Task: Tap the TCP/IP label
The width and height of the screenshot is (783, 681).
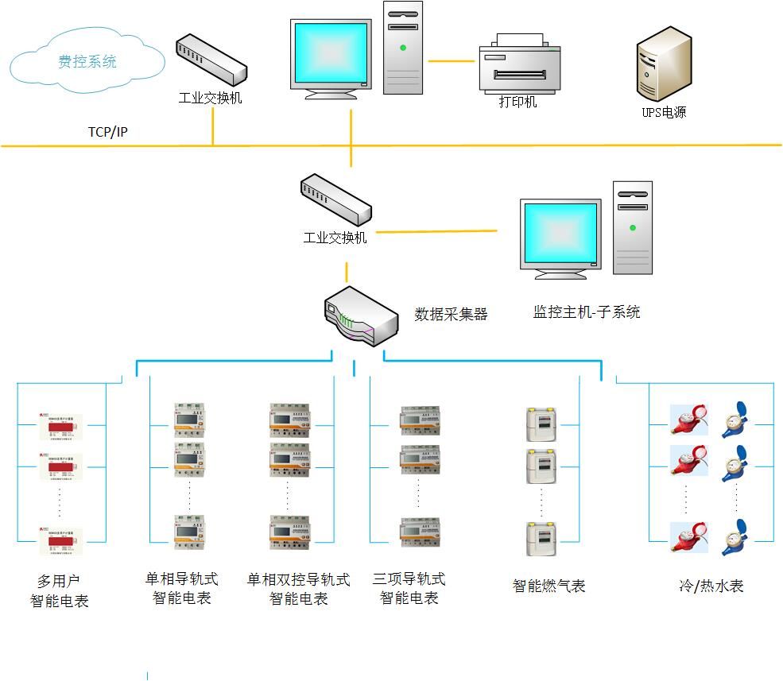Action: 107,132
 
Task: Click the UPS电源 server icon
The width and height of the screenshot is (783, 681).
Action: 664,63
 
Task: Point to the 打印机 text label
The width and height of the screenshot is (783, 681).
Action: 517,103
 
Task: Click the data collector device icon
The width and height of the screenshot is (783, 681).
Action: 361,315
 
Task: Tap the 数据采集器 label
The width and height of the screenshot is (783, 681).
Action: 451,314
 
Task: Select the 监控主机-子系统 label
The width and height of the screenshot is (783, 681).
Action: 586,311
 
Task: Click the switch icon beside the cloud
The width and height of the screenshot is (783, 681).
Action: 210,60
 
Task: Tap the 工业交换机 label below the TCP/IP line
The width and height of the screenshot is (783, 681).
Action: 335,238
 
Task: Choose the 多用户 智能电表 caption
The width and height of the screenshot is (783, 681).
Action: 60,591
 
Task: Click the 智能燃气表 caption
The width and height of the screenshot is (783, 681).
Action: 548,586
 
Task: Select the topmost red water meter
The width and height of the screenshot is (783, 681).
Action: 688,419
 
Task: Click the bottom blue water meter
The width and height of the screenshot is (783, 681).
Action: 735,537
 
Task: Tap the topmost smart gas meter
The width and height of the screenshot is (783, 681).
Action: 541,424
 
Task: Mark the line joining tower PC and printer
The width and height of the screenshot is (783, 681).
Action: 451,60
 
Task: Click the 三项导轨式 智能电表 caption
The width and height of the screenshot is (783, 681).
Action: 409,588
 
